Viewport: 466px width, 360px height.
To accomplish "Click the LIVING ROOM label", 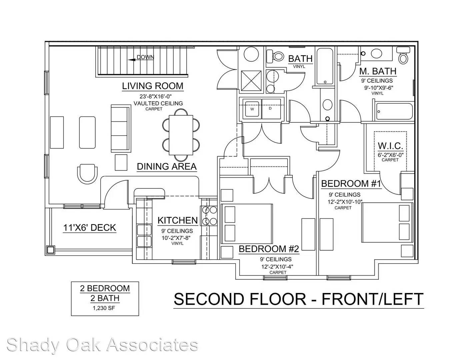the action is tap(153, 86).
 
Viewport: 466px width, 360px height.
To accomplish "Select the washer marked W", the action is tap(252, 109).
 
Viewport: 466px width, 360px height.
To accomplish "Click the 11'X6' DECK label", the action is tap(90, 227).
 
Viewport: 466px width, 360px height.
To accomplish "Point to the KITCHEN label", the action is tap(178, 220).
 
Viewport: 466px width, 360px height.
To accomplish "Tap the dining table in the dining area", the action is tap(181, 135).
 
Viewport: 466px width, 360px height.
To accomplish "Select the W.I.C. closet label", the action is tap(390, 146).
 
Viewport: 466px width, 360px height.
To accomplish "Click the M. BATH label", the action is tap(378, 71).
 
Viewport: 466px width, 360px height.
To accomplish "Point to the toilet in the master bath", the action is tap(403, 56).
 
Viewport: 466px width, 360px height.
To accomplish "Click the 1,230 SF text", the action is tap(104, 308).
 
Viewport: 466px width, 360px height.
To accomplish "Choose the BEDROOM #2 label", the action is tap(269, 249).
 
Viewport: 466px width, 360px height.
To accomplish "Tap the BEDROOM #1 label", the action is tap(351, 184).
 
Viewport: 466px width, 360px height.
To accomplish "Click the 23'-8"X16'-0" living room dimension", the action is tap(153, 96).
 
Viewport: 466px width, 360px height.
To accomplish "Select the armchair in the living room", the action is tap(87, 174).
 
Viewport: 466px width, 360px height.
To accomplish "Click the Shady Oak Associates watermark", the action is tap(102, 345).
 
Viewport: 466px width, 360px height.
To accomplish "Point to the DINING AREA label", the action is tap(167, 167).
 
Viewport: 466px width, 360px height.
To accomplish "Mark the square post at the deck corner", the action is tap(50, 250).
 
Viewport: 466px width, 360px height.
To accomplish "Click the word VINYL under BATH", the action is tap(299, 66).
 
